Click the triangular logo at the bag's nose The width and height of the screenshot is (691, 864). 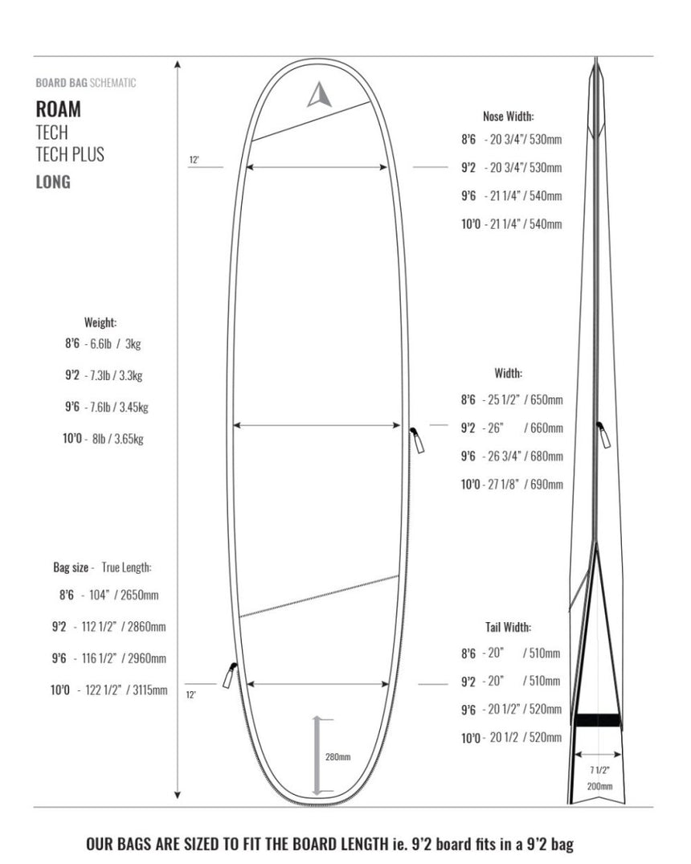319,96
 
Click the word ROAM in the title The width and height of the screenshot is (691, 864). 58,109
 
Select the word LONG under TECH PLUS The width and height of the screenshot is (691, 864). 53,182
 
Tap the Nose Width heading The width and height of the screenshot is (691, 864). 508,116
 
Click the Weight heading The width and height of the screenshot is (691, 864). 100,322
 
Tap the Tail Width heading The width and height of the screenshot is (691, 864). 507,627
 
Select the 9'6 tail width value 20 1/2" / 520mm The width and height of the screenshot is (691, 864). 522,710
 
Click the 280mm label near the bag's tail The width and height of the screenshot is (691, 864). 337,756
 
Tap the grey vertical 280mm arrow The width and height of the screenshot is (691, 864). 317,755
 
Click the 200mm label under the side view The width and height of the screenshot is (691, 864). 599,785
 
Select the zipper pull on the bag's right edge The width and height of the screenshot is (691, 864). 418,440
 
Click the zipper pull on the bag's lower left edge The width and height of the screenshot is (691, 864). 228,675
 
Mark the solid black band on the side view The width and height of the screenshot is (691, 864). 595,719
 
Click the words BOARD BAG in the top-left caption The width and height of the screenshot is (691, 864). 61,83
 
